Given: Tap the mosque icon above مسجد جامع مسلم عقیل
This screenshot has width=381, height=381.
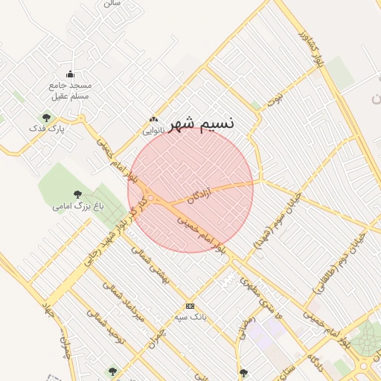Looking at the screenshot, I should [x=70, y=74].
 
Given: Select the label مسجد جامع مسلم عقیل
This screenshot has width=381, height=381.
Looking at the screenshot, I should [x=70, y=90].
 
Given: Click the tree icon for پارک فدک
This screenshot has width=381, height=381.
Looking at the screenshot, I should [x=47, y=117].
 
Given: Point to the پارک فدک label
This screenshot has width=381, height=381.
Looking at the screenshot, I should [x=47, y=129].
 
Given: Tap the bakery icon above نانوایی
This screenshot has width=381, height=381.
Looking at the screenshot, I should [x=154, y=119].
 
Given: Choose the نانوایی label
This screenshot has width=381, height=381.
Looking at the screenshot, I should [x=154, y=130].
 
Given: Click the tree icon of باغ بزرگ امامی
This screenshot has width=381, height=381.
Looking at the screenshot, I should [x=77, y=194].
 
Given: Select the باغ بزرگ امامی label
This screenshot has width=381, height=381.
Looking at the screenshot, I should [x=77, y=206].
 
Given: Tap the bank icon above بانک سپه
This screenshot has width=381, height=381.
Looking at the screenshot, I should [x=190, y=306].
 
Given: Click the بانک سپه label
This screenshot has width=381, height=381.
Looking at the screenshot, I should [x=190, y=317].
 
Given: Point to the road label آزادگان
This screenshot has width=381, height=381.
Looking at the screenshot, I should [x=199, y=197].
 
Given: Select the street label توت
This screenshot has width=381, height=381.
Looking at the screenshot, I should [x=276, y=96].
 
